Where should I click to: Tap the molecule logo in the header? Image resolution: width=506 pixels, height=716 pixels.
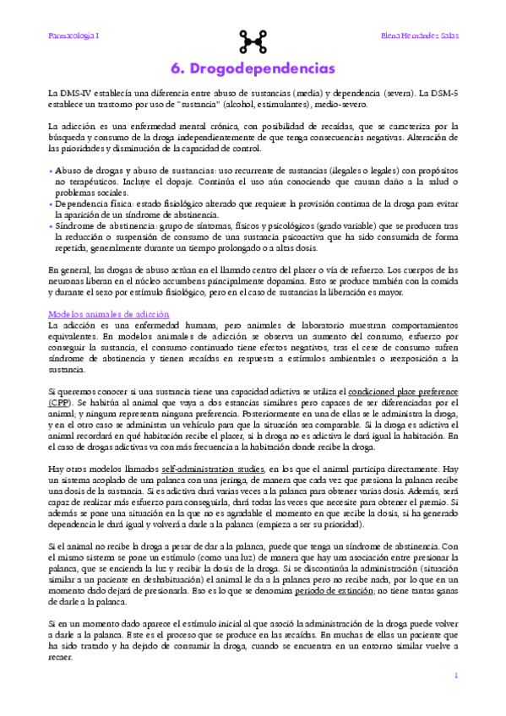[x=253, y=38]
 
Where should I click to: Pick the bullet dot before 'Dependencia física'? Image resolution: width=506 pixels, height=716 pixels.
[x=51, y=205]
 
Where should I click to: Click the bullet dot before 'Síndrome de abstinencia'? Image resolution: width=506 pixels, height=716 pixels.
[x=51, y=227]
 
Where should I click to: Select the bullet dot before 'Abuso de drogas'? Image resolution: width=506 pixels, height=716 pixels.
[x=51, y=171]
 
